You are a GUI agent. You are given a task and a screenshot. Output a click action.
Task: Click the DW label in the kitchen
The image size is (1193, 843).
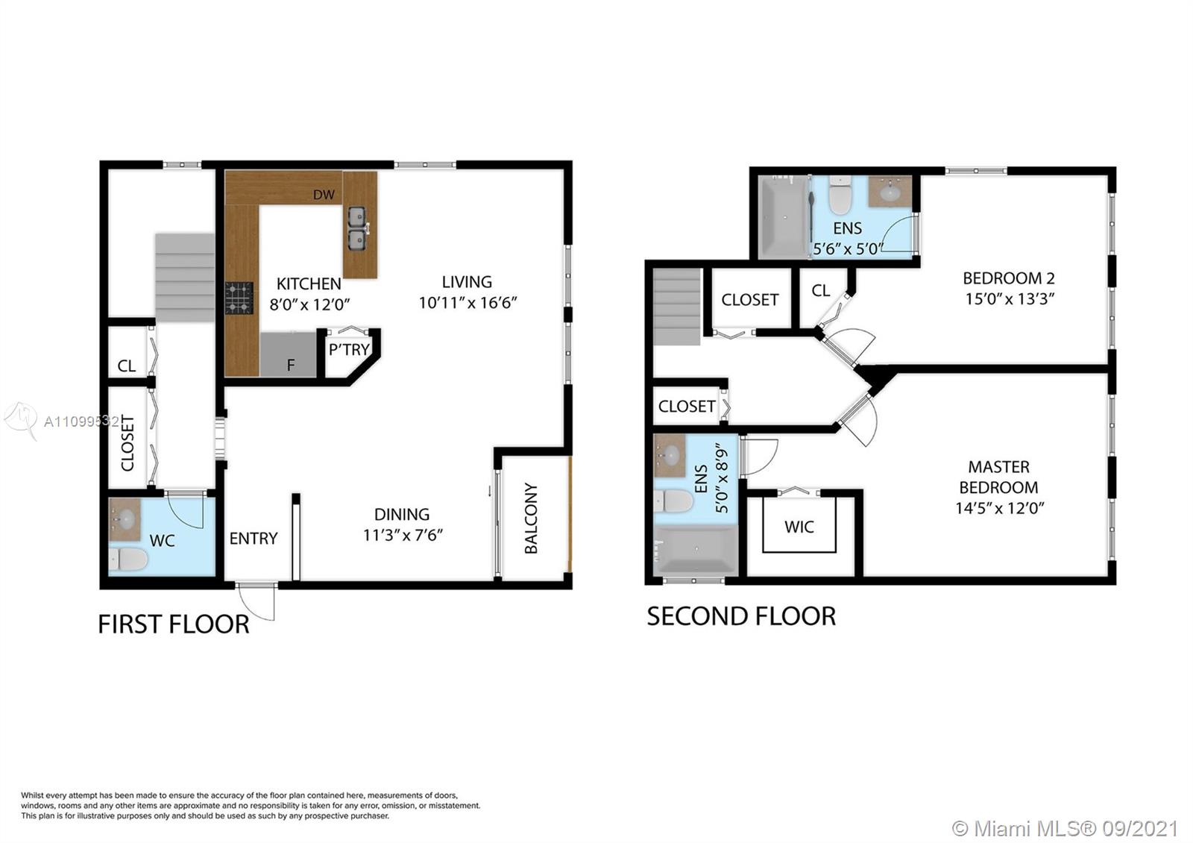324,195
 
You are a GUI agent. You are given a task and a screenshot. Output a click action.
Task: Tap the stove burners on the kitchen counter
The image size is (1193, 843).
239,298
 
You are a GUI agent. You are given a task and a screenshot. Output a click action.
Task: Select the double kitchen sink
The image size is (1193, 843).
357,228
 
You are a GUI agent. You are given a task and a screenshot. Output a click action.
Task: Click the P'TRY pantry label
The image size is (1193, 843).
349,350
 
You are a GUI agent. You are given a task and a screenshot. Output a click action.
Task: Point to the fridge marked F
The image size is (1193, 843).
288,354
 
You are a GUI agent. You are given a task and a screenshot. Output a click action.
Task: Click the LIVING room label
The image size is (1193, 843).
467,282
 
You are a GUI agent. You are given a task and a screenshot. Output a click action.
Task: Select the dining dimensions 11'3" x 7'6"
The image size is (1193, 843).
403,535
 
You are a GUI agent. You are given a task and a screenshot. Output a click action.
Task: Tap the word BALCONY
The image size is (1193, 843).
531,518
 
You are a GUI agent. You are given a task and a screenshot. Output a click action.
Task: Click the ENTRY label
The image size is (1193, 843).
254,539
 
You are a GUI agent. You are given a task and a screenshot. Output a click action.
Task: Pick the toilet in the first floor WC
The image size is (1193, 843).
128,560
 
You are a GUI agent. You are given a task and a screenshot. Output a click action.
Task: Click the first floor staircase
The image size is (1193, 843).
185,278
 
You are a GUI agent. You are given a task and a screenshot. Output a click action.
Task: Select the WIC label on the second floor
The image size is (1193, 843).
799,527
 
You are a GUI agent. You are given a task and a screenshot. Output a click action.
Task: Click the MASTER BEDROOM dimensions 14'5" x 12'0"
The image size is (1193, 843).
1000,508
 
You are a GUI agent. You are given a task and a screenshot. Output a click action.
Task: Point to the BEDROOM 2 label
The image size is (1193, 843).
1009,278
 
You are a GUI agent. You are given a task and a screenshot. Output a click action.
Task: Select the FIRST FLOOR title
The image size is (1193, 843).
174,624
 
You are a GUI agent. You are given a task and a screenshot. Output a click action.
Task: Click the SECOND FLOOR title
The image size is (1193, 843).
741,616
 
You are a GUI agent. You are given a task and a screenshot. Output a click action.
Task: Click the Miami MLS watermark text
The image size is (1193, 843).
1065,828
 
